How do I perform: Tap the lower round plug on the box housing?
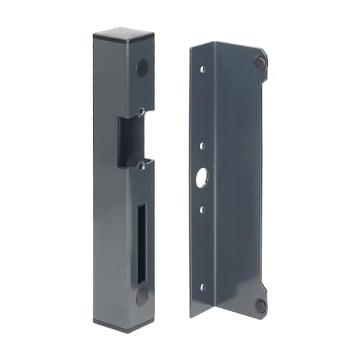pos(143,295)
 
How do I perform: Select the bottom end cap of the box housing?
pos(119,322)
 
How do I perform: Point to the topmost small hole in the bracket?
pos(204,69)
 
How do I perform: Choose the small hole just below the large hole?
pos(203,210)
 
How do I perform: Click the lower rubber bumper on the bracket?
pos(261,305)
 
